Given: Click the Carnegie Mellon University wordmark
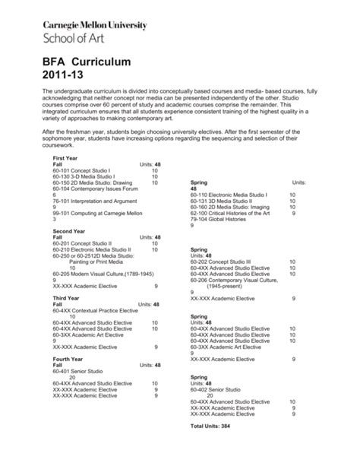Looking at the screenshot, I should click(x=96, y=25).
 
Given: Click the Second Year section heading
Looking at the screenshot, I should click(x=68, y=230).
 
